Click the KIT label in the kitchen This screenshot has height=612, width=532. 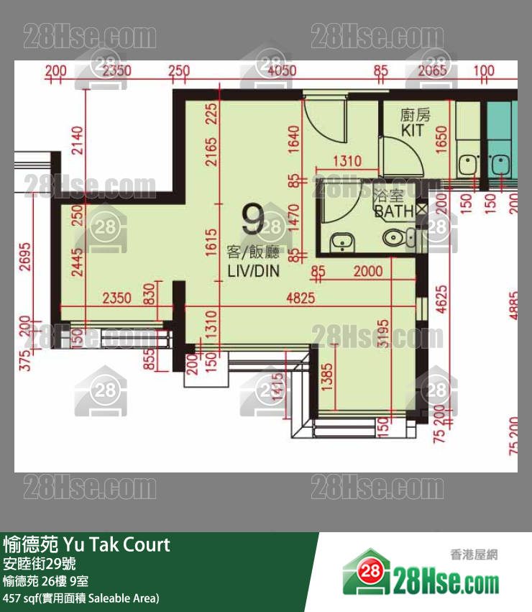tap(413, 130)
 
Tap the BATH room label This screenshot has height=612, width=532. tap(393, 211)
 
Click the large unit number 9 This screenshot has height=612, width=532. tap(253, 219)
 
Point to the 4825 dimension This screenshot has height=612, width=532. tap(300, 297)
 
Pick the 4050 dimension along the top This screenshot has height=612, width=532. tap(281, 70)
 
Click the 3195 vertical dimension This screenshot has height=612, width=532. tap(384, 334)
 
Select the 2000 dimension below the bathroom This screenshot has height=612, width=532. tap(368, 272)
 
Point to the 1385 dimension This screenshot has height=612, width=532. tap(327, 377)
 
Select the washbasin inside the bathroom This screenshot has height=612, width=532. tap(339, 241)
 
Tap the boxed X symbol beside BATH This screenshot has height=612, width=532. tap(421, 209)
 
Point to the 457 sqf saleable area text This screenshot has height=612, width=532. tap(81, 598)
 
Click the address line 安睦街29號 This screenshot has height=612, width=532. tap(40, 563)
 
